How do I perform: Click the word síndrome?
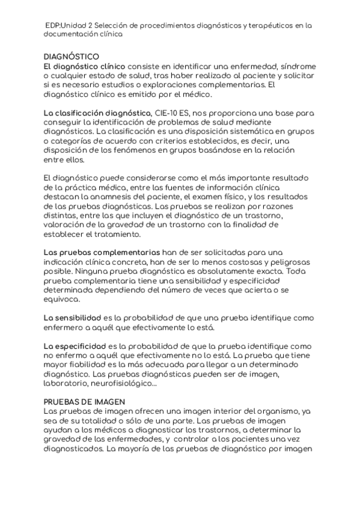(x=291, y=66)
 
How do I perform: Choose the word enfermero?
(x=64, y=327)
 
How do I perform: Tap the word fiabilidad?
(x=90, y=364)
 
